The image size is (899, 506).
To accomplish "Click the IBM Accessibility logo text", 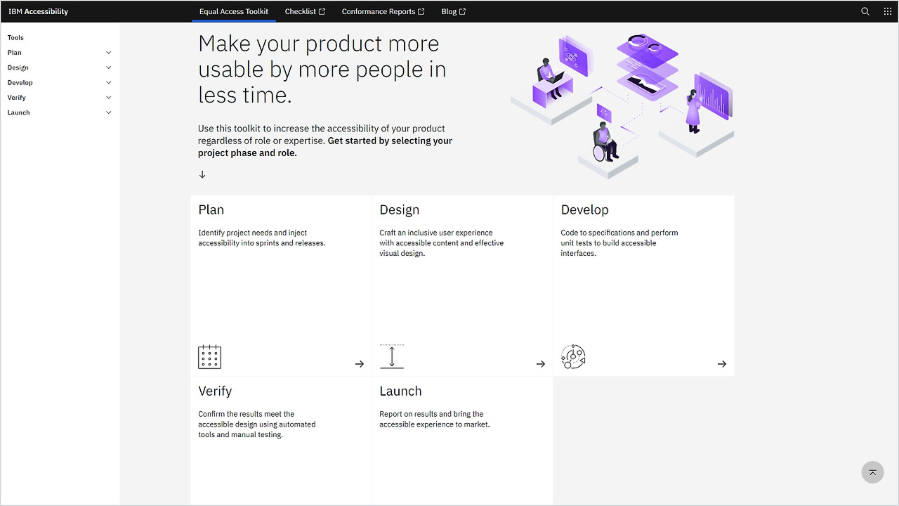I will point(39,11).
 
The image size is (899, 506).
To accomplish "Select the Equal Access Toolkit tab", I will point(234,11).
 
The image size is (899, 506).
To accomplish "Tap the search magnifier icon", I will point(865,11).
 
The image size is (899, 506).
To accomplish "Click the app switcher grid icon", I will point(888,11).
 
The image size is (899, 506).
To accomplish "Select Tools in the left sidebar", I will point(15,38).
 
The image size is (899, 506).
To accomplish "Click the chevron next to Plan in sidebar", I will point(109,53).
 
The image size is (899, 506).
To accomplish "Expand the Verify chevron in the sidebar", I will point(109,98).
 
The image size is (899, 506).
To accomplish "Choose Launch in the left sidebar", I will point(19,112).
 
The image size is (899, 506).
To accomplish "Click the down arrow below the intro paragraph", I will point(202,174).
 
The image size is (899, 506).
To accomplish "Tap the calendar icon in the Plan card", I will point(209,357).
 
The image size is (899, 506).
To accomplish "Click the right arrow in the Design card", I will point(541,364).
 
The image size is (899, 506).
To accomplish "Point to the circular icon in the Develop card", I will point(573,357).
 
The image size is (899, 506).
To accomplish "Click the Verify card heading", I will point(215,391).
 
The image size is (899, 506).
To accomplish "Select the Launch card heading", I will point(400,391).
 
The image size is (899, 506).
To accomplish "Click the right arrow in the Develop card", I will point(722,364).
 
